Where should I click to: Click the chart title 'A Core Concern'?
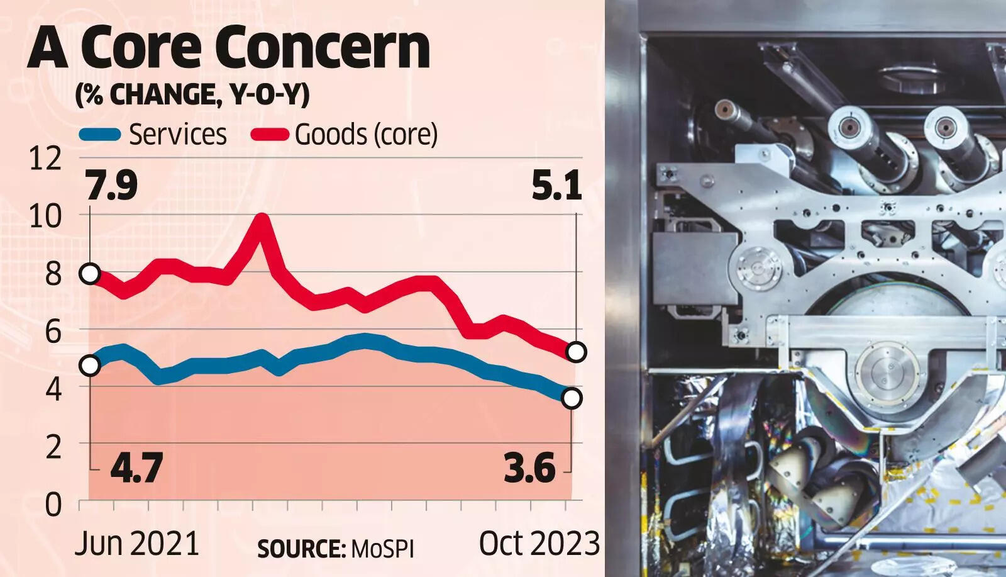(229, 48)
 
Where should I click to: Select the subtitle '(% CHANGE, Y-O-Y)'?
(192, 94)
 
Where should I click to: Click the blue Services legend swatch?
(99, 135)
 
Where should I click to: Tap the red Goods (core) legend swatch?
(270, 135)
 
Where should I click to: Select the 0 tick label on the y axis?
(52, 505)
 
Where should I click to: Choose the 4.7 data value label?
(136, 469)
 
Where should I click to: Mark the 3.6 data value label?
(529, 469)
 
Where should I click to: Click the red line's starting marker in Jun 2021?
(90, 274)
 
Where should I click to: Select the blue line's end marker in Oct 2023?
(572, 398)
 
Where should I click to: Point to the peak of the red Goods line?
(262, 220)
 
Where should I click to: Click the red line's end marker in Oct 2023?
(576, 352)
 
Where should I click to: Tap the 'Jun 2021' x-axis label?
(136, 543)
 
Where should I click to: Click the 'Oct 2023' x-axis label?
(539, 543)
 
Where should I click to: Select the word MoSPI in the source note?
(382, 549)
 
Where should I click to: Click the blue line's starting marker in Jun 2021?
(90, 365)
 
